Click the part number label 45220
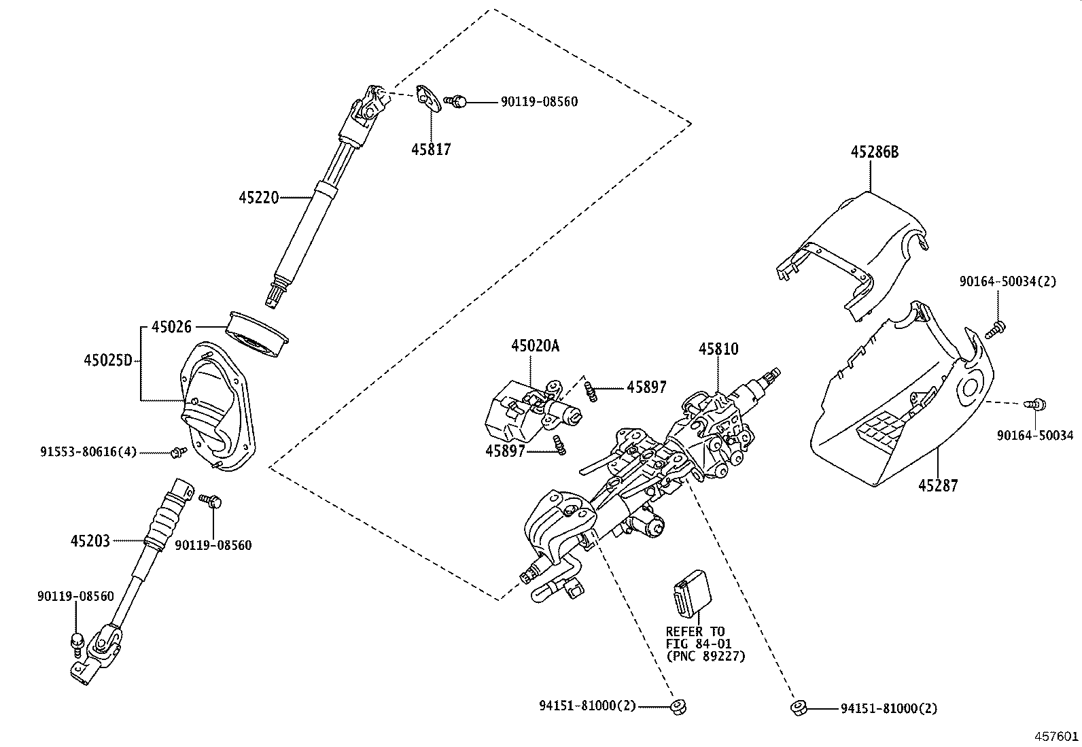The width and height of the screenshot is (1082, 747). (x=258, y=198)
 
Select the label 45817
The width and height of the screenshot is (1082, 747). (x=430, y=149)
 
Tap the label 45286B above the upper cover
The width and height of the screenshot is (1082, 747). (x=874, y=152)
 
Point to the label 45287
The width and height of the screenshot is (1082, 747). (x=938, y=485)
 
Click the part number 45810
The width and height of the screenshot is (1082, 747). (x=718, y=349)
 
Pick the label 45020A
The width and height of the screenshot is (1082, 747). (x=535, y=346)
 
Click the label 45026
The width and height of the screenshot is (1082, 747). (x=171, y=327)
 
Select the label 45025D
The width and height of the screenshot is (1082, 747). (x=108, y=360)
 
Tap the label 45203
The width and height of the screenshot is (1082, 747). (x=90, y=541)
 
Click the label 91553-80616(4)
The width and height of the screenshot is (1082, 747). (x=88, y=451)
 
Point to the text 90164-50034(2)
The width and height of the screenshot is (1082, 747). (x=1008, y=281)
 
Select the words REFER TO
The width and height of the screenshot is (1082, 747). (x=695, y=631)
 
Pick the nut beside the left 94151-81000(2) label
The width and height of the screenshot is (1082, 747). (x=677, y=707)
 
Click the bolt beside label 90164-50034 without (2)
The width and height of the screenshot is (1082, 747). (x=1037, y=404)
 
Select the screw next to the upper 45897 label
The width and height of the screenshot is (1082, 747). (x=591, y=392)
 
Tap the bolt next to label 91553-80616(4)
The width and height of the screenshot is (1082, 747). (x=179, y=451)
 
